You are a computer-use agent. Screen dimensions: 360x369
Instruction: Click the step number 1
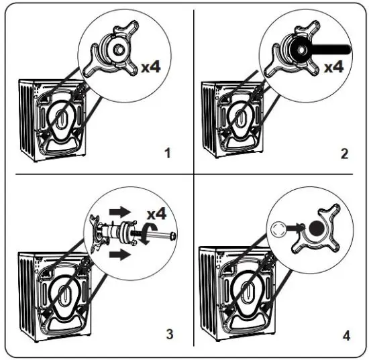point(168,154)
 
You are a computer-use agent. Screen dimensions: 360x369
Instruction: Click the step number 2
point(345,154)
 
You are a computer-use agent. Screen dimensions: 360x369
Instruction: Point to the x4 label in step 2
point(333,67)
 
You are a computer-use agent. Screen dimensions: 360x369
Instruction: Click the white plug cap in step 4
point(278,230)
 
